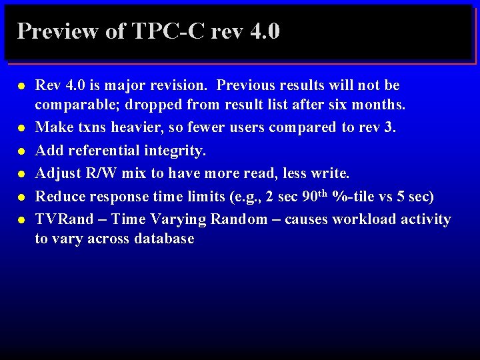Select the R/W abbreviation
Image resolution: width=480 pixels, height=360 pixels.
(99, 174)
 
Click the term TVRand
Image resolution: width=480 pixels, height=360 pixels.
(64, 219)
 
